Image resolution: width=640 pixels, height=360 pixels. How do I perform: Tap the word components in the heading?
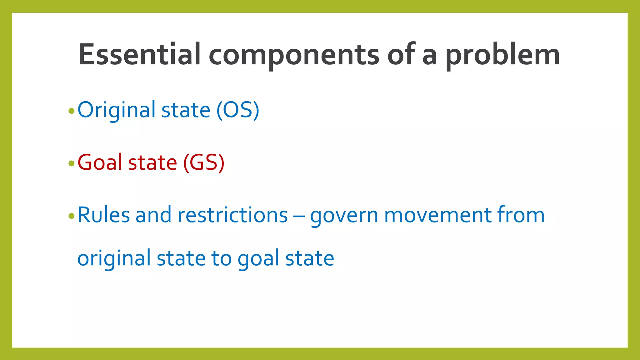[294, 55]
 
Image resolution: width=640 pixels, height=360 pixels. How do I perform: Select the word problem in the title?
[502, 55]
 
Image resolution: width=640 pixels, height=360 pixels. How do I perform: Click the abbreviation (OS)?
[238, 110]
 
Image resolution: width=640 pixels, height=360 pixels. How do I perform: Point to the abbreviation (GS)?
[204, 162]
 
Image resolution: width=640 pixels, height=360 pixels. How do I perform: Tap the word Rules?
[103, 215]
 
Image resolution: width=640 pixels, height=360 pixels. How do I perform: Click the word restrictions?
[232, 215]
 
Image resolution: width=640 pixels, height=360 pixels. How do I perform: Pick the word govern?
[344, 216]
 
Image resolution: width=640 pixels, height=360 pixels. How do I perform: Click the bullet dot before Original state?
[71, 111]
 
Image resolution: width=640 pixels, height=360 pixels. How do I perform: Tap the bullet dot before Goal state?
[71, 163]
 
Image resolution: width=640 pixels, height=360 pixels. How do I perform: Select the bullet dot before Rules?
[71, 216]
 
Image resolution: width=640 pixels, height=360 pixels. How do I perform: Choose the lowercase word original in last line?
[114, 259]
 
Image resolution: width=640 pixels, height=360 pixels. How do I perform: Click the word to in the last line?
[221, 259]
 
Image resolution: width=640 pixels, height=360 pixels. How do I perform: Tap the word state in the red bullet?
[152, 162]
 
